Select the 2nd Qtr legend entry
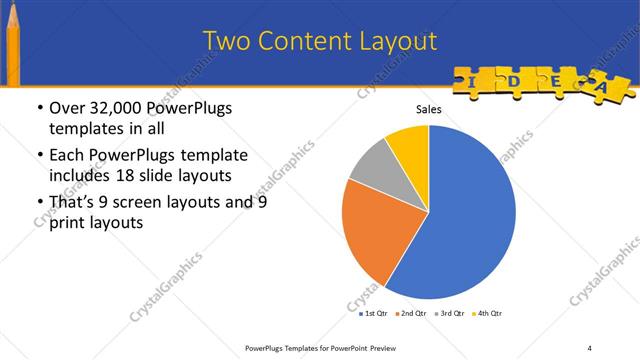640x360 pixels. coord(413,313)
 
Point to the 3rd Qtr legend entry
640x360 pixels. coord(450,313)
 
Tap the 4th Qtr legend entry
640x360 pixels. coord(487,313)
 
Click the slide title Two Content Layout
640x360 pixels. coord(320,41)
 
